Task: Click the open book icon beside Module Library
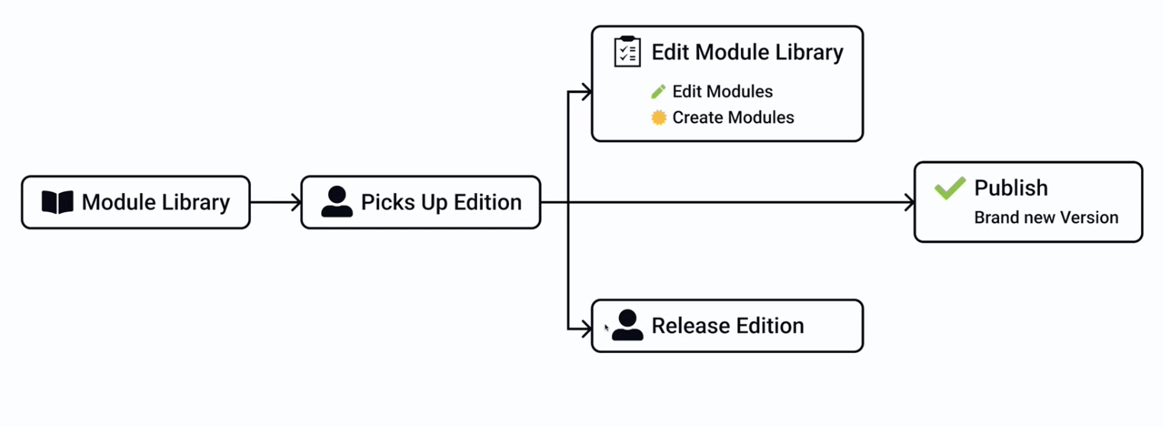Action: click(57, 202)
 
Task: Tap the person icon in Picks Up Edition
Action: click(337, 202)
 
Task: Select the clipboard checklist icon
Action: click(627, 52)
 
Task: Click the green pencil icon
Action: click(658, 92)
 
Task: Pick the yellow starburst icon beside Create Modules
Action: click(659, 117)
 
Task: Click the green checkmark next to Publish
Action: click(950, 188)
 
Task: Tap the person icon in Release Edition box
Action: click(627, 326)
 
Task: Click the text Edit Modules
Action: click(722, 91)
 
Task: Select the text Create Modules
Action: click(733, 117)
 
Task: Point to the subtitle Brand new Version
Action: click(1045, 217)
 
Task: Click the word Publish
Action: click(1010, 188)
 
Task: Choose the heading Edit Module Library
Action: click(747, 52)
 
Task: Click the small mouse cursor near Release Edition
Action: click(607, 327)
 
